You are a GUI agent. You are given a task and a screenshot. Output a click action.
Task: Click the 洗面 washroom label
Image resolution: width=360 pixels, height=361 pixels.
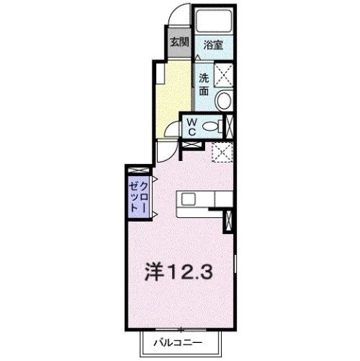pos(204,83)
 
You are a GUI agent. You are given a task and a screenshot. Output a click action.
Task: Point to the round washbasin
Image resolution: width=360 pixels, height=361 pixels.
pos(223,102)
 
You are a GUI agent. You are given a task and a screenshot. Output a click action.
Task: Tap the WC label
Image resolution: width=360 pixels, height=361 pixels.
pos(192,126)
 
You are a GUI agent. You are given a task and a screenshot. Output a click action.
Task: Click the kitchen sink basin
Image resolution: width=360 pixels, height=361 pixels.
pos(188,198)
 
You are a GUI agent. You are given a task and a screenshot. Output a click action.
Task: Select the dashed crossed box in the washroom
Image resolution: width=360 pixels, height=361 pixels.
pos(223,74)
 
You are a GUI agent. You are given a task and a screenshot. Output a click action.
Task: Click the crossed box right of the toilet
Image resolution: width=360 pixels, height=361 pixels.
pos(230,126)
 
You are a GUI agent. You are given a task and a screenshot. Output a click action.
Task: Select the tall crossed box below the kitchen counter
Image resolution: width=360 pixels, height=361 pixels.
pos(229,220)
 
